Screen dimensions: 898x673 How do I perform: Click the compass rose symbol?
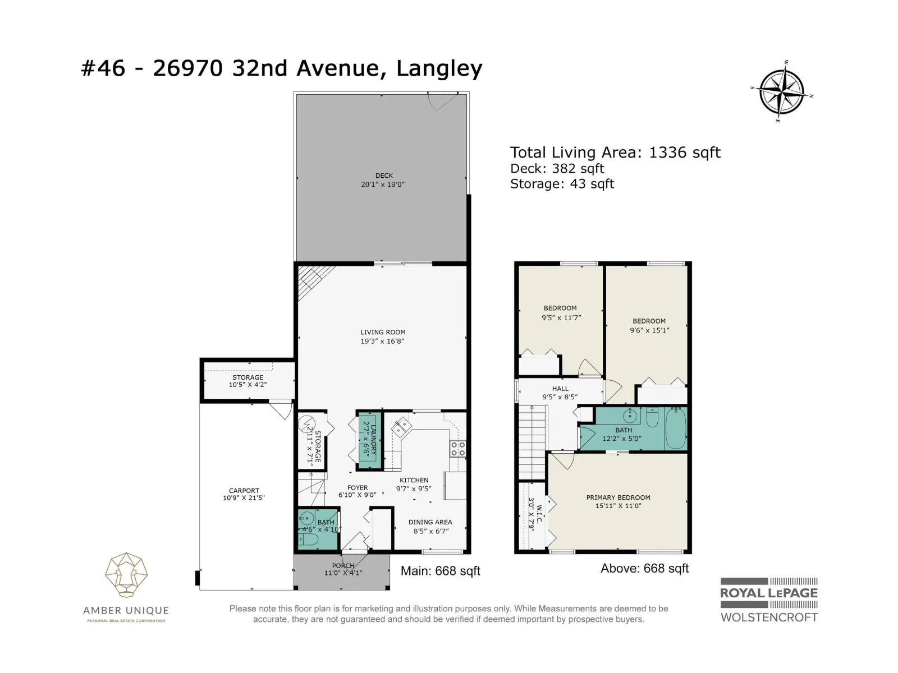coord(781,92)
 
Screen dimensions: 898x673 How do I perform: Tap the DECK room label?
coord(384,176)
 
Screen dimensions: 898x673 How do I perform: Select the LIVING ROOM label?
coord(383,332)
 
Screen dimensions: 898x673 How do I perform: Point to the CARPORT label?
coord(244,490)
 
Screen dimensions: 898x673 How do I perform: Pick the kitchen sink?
coord(401,427)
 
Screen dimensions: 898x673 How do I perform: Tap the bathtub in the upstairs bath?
coord(676,428)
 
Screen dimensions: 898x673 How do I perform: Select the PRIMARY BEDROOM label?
coord(618,497)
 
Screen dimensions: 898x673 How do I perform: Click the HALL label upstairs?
coord(560,389)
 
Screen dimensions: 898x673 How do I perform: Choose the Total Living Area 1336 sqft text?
coord(615,153)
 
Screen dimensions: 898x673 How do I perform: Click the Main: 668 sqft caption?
coord(440,571)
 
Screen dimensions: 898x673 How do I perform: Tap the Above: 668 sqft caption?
coord(645,568)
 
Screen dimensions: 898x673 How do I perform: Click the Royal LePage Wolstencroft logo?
coord(769,600)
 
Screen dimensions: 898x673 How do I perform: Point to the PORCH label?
coord(343,565)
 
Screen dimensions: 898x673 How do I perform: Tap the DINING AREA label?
coord(430,522)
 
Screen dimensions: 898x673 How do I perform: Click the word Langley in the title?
coord(439,68)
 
